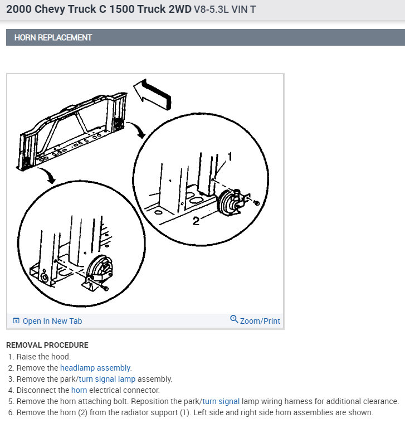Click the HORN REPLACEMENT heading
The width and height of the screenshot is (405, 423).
click(53, 37)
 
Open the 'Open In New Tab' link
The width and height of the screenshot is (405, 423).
click(52, 321)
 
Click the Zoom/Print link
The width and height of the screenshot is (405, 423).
click(260, 321)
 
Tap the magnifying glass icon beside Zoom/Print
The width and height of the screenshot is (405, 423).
click(234, 319)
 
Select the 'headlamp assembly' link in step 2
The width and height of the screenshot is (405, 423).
click(95, 368)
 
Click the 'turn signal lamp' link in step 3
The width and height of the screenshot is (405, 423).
click(107, 379)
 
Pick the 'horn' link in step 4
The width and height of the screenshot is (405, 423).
click(79, 390)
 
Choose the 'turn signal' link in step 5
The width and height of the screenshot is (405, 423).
click(221, 401)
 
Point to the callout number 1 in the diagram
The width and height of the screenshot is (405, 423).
click(230, 157)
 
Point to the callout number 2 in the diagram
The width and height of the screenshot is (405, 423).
click(196, 221)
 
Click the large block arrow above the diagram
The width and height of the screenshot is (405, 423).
click(152, 94)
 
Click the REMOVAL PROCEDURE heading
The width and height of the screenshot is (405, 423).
click(47, 345)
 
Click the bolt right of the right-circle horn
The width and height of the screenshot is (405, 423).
click(257, 202)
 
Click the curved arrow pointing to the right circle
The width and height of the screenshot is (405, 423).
click(136, 129)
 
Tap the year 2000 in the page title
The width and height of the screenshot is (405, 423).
click(19, 9)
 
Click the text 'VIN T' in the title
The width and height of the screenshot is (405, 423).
click(243, 9)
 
